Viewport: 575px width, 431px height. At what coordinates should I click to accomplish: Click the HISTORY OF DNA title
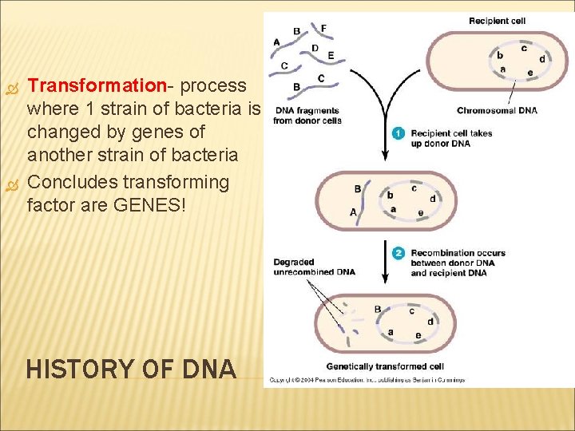pos(131,370)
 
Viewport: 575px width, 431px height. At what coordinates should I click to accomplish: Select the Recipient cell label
pos(497,21)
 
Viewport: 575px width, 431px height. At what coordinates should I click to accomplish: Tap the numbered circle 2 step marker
pos(399,253)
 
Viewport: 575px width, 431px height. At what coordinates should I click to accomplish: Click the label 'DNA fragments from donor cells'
pos(307,116)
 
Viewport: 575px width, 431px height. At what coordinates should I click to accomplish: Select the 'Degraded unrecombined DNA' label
pos(313,267)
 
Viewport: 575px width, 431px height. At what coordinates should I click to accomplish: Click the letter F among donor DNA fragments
pos(323,28)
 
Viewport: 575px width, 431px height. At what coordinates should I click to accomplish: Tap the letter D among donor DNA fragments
pos(315,48)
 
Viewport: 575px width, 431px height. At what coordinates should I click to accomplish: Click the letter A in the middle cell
pos(353,212)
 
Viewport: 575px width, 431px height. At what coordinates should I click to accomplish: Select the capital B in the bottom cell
pos(377,309)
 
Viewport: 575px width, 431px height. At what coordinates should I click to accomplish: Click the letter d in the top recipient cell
pos(542,58)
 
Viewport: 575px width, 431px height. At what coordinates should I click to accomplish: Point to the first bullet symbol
pos(11,85)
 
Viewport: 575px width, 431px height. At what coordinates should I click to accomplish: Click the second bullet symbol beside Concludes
pos(11,183)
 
